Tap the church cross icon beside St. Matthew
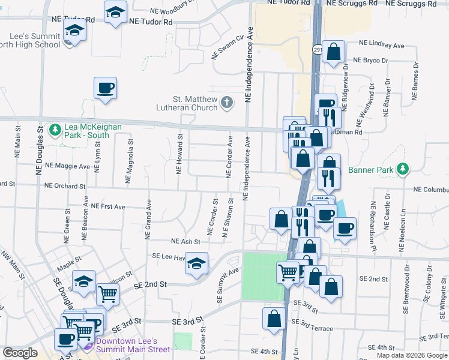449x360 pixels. coord(226,103)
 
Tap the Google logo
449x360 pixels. coord(20,353)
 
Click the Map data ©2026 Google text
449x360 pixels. coord(412,355)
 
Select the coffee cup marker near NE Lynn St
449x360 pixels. coord(106,88)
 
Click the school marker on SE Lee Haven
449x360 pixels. coord(196,263)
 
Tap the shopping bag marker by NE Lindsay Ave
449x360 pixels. coord(333,52)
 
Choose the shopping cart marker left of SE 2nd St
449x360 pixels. coord(108,293)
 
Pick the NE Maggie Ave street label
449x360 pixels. coord(67,165)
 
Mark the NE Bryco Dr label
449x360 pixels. coord(371,60)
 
